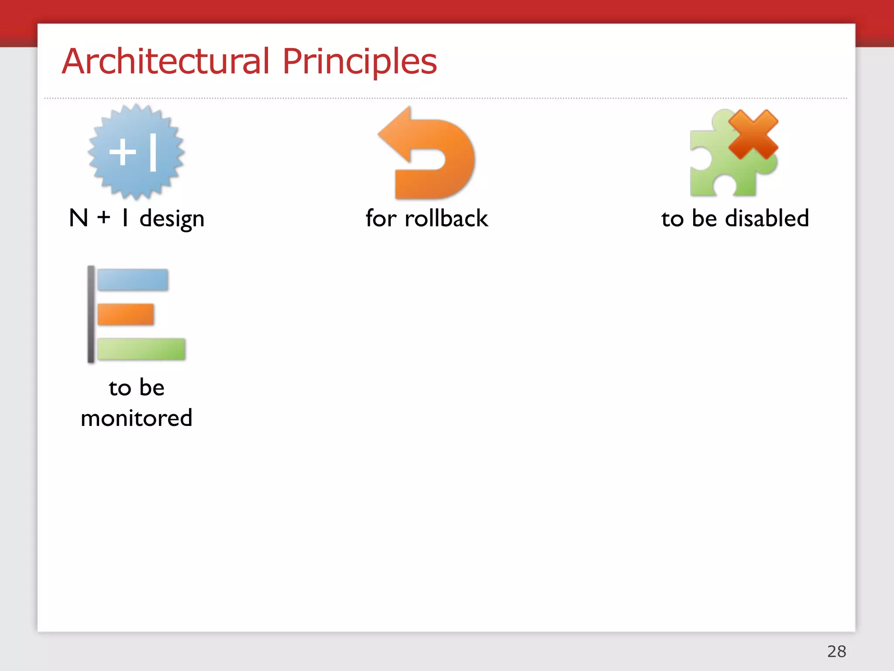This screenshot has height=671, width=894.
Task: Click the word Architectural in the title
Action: [166, 61]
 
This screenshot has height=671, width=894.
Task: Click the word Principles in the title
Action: [359, 61]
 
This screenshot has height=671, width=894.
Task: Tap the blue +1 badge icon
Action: [136, 152]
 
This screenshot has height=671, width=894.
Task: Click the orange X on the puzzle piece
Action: [753, 135]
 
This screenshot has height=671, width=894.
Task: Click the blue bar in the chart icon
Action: [133, 280]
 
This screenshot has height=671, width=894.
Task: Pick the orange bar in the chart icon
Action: [126, 315]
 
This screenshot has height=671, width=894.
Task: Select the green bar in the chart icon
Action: [141, 349]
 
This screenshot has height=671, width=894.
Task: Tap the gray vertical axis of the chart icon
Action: [91, 314]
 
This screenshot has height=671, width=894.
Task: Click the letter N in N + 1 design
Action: [79, 218]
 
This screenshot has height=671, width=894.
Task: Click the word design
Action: [172, 219]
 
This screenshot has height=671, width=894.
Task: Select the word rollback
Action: [446, 218]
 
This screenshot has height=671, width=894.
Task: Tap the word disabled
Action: [767, 218]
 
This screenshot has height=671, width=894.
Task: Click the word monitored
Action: [137, 418]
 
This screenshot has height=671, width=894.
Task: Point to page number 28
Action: [836, 651]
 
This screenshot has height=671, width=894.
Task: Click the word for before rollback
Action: [381, 218]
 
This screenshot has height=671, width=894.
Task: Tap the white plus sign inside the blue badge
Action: [123, 152]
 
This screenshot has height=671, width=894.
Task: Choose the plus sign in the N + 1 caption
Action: [104, 217]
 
